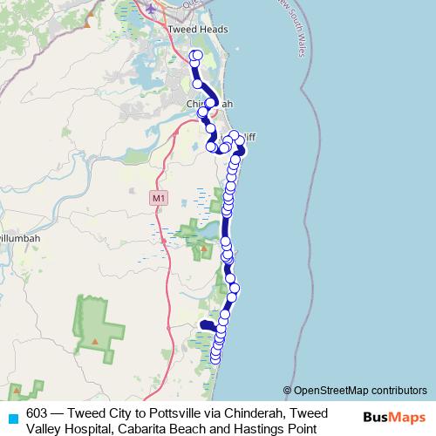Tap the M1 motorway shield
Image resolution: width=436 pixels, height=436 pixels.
pos(158,199)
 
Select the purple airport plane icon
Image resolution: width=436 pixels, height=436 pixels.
pos(153,9)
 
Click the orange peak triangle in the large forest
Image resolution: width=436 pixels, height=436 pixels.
pos(94,341)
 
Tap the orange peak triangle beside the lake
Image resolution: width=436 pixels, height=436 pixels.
pos(204,248)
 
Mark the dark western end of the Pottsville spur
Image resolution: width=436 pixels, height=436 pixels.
pos(202,324)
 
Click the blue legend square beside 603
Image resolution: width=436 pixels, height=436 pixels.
pos(11,418)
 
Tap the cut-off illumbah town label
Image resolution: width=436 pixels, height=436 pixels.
pos(17,236)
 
